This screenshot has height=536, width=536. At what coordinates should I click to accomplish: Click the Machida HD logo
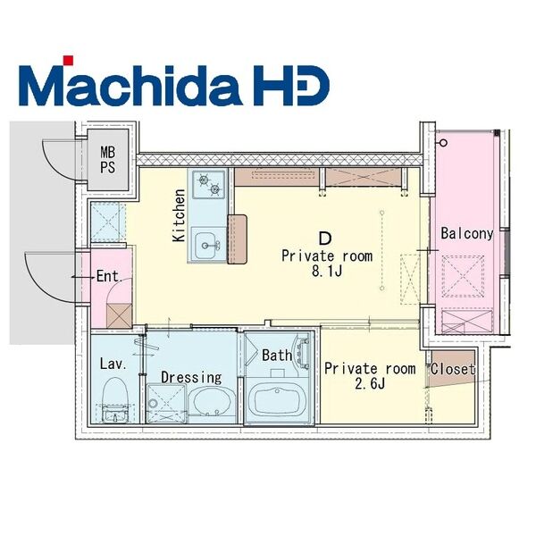coord(173,81)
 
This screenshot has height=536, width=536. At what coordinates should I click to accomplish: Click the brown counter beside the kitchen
coord(237,239)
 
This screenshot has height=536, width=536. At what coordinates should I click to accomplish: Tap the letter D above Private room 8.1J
coord(326,238)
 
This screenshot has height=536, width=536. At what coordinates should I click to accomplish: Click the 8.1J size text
coord(327,272)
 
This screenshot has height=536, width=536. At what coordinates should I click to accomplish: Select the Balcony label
coord(466,233)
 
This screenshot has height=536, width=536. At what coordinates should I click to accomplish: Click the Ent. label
coord(109,276)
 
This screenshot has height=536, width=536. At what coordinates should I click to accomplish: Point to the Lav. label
coord(112,364)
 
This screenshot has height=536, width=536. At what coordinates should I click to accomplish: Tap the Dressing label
coord(190,377)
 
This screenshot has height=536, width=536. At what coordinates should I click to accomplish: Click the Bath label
coord(277,355)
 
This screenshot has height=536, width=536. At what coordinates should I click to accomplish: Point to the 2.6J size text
coord(369,384)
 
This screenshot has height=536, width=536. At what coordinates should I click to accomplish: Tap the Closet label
coord(452,368)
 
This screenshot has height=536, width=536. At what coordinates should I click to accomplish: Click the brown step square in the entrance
coord(119,314)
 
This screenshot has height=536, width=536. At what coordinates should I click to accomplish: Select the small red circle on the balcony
coord(440,143)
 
